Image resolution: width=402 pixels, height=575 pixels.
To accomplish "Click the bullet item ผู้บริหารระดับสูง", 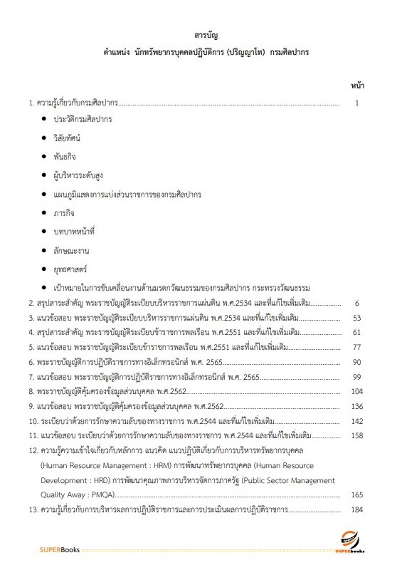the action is click(77, 175).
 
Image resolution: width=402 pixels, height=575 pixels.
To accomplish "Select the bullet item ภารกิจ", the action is click(64, 212).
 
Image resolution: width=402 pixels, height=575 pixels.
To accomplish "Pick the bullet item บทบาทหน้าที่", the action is click(74, 231).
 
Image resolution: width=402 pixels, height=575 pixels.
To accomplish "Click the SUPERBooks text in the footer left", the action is click(59, 550).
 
